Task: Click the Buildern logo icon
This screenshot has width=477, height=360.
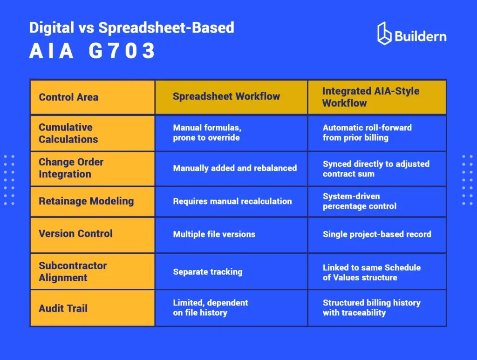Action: pyautogui.click(x=384, y=34)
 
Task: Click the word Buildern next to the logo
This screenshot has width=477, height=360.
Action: pyautogui.click(x=420, y=35)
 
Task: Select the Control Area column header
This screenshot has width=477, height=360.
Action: pyautogui.click(x=68, y=97)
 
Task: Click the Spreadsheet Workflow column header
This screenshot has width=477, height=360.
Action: pyautogui.click(x=226, y=97)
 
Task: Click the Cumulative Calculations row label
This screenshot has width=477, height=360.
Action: pyautogui.click(x=68, y=133)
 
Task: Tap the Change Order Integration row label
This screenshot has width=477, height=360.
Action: pyautogui.click(x=71, y=168)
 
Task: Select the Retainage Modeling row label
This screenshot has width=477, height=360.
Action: pyautogui.click(x=86, y=201)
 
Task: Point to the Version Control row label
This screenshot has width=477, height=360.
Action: pyautogui.click(x=75, y=234)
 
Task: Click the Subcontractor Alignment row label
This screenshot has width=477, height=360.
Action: pyautogui.click(x=73, y=272)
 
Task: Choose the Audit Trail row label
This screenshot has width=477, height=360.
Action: pyautogui.click(x=63, y=308)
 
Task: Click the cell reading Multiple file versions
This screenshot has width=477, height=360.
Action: pyautogui.click(x=214, y=234)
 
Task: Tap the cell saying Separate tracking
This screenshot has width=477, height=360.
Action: pyautogui.click(x=208, y=272)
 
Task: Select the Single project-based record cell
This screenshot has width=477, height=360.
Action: pyautogui.click(x=377, y=234)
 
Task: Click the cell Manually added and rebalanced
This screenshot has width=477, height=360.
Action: pyautogui.click(x=235, y=168)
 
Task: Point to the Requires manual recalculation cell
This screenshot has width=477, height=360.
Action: pyautogui.click(x=232, y=201)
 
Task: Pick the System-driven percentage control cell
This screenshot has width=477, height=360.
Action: pyautogui.click(x=360, y=201)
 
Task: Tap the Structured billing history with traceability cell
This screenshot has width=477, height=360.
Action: pyautogui.click(x=372, y=308)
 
